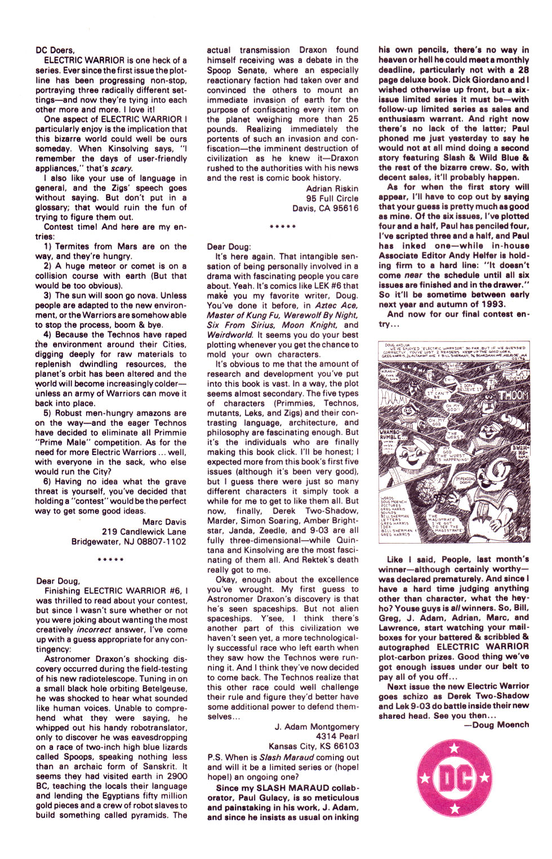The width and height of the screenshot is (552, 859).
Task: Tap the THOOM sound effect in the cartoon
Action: [511, 395]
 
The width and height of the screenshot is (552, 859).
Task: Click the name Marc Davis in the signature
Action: [164, 522]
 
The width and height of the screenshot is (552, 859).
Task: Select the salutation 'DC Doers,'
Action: [55, 50]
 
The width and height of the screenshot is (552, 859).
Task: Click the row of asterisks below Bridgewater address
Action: [111, 560]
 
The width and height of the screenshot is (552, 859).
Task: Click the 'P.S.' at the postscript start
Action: [215, 758]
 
